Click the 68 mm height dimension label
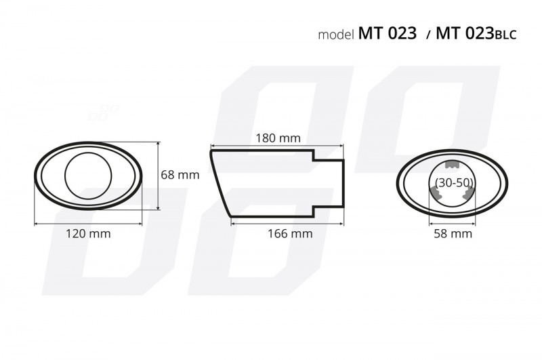tap(180, 175)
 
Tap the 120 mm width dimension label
tap(88, 233)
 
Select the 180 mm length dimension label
tap(278, 138)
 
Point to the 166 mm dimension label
tap(290, 233)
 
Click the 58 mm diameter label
tap(453, 233)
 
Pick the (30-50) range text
tap(454, 182)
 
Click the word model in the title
tap(336, 35)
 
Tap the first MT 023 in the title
tap(387, 33)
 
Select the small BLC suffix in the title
tap(505, 35)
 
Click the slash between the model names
tap(429, 35)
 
